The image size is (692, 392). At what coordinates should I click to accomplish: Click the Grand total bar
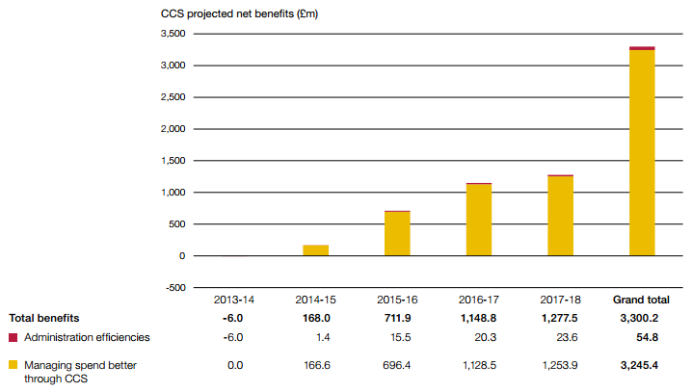coord(641,151)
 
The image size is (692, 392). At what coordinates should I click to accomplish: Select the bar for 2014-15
coord(315,250)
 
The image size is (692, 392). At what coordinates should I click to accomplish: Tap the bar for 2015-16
coord(397,233)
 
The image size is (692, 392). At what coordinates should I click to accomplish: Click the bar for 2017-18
coord(560,216)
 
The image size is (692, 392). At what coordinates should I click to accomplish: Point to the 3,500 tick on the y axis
coord(172,34)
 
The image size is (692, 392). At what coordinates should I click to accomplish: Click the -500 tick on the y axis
coord(174,287)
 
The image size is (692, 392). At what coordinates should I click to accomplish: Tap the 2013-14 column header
coord(234,300)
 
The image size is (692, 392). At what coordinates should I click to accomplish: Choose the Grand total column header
coord(641,300)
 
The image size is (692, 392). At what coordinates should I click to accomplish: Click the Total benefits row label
coord(44,318)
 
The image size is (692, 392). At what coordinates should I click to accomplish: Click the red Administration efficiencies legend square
coord(13,337)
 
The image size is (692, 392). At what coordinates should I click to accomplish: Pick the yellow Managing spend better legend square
coord(13,365)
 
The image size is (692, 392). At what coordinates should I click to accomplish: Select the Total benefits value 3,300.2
coord(641,318)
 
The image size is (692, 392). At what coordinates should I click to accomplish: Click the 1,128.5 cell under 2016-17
coord(478,365)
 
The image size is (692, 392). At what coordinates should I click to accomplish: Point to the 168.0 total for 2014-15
coord(315,318)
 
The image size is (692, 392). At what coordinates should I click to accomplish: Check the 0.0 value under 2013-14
coord(234,365)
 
